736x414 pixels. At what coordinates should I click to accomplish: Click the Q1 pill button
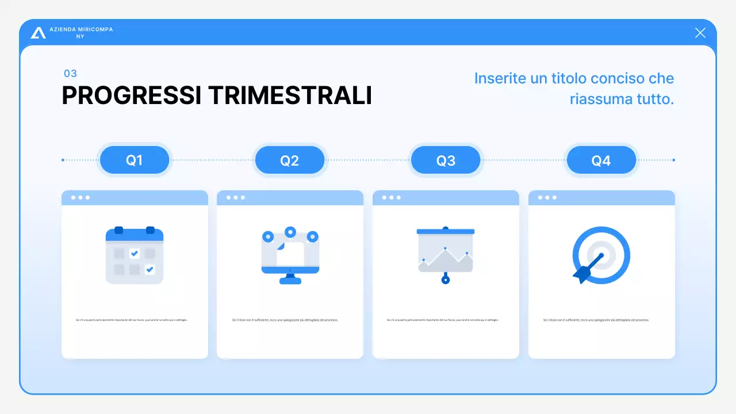(x=135, y=160)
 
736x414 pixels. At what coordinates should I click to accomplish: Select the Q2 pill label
(x=290, y=160)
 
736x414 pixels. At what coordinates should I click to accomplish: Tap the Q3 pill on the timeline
(x=446, y=160)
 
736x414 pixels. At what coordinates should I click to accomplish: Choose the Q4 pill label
(x=601, y=160)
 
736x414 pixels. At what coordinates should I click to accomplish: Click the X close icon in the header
(x=700, y=33)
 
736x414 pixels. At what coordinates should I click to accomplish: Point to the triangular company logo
(x=39, y=33)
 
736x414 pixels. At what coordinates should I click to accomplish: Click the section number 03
(x=70, y=74)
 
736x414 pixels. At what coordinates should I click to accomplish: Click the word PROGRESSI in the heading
(x=131, y=95)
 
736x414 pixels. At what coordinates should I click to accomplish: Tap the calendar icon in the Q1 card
(x=135, y=255)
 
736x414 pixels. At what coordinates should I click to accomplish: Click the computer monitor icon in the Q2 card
(x=290, y=255)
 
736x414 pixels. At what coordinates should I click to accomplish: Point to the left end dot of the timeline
(x=63, y=160)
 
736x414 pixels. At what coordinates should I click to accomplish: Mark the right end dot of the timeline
(x=673, y=160)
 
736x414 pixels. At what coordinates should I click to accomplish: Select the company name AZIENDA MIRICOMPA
(x=81, y=29)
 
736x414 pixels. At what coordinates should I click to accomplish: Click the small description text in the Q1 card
(x=131, y=320)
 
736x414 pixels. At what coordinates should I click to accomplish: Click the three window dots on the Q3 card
(x=392, y=198)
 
